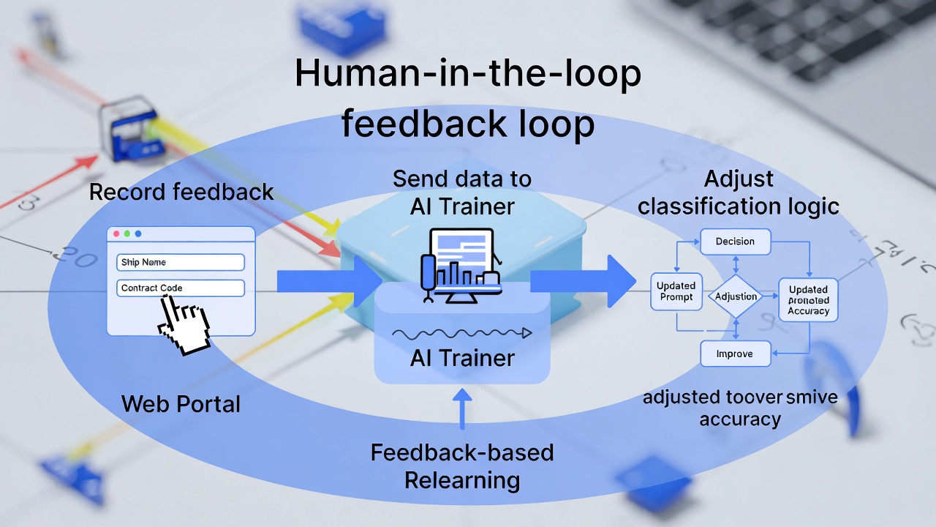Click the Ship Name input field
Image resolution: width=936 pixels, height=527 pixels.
pos(180,262)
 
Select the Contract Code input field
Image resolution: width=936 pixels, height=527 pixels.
pos(180,288)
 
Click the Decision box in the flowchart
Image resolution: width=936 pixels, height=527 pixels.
pos(735,242)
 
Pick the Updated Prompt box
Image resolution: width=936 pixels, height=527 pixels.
pos(676,291)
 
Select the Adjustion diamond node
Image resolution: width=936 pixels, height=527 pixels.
pos(736,296)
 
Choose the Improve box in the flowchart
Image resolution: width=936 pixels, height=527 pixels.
pos(735,354)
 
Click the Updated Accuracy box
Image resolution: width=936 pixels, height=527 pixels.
pos(808,300)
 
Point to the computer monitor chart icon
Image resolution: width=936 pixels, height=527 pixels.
pos(461,264)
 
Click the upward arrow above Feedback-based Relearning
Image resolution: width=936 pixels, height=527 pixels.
pos(461,410)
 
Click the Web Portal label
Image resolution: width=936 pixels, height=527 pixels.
pos(181,403)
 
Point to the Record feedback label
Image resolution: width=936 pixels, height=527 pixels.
pos(181,193)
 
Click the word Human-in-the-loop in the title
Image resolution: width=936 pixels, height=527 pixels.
pos(468,75)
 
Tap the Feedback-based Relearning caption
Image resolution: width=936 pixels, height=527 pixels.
pos(461,466)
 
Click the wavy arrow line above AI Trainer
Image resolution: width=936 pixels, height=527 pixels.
pos(461,334)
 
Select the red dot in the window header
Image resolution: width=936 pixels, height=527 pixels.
pos(116,233)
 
